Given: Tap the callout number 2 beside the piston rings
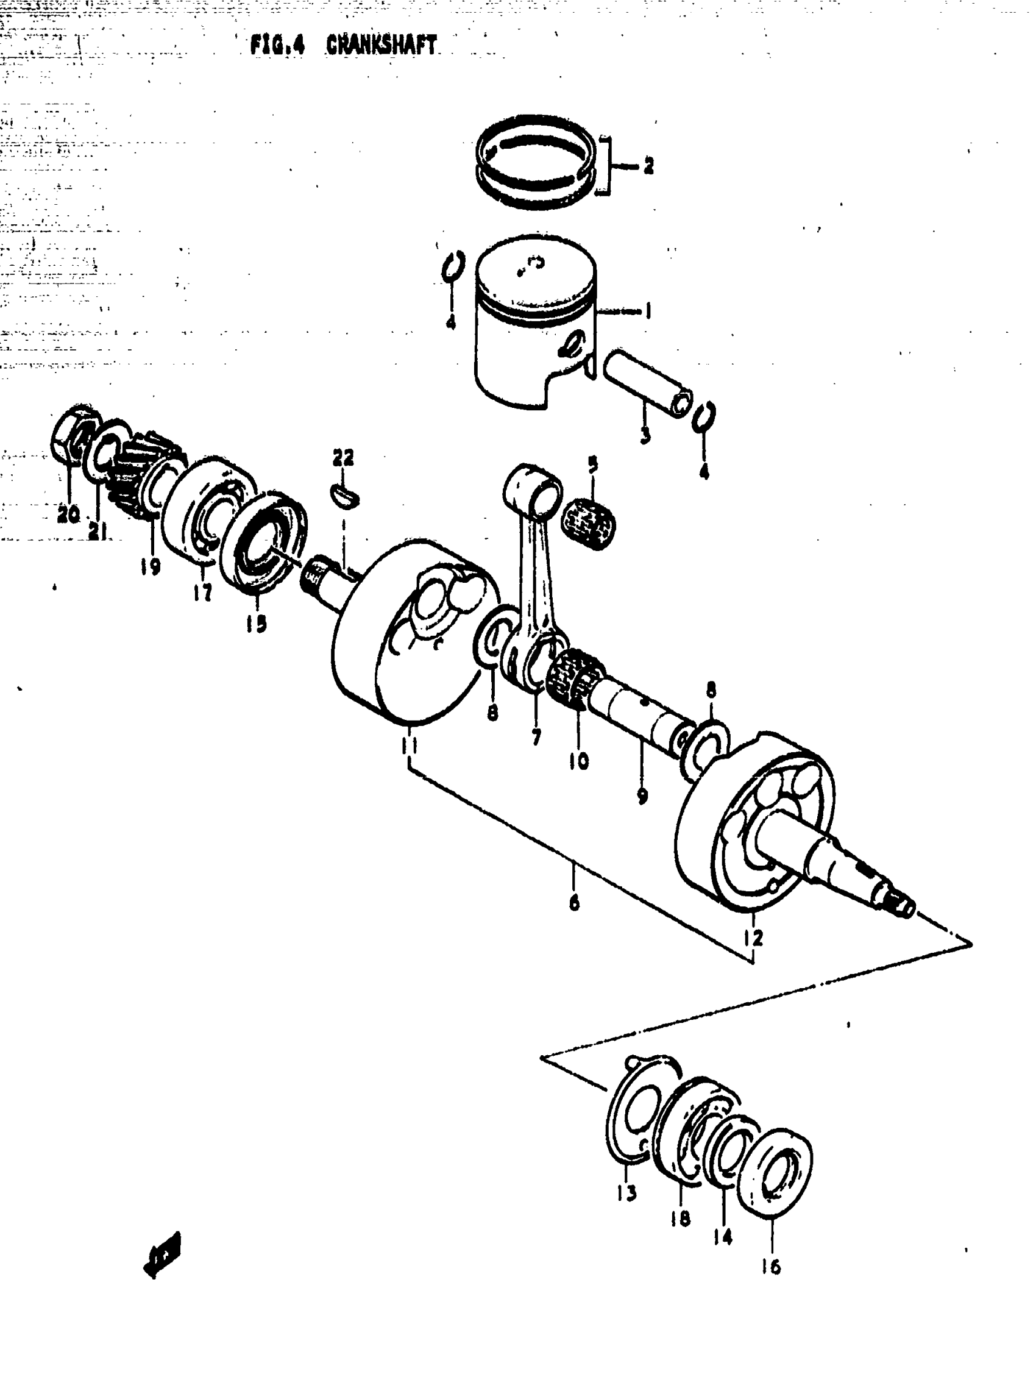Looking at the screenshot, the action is point(648,166).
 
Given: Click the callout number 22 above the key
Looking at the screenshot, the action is point(343,457).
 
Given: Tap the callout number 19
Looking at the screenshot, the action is point(151,566).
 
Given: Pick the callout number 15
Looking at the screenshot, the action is point(256,623).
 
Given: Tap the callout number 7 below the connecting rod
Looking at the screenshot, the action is point(536,736).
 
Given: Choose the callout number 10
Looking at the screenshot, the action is point(578,761).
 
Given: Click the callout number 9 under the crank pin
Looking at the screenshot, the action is point(642,796).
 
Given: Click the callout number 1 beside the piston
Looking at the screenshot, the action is point(648,310).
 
